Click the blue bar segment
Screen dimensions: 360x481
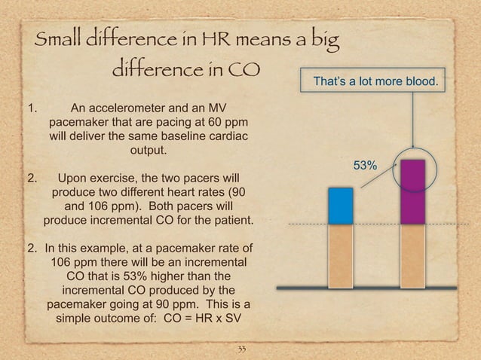(341, 206)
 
